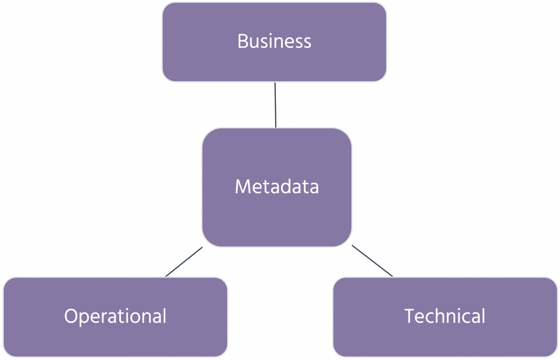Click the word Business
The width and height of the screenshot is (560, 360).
[x=274, y=42]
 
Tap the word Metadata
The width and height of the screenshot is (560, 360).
[x=276, y=187]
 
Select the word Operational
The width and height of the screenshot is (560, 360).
[x=115, y=317]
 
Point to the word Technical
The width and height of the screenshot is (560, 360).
[x=445, y=317]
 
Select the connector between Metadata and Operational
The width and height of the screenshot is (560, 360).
[x=184, y=262]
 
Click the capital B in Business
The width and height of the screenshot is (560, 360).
[x=243, y=42]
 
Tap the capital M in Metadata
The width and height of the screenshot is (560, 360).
[x=243, y=187]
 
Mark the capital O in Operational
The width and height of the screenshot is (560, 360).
[x=70, y=317]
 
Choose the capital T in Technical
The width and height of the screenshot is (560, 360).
[x=409, y=317]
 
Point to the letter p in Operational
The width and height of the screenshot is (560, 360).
[x=83, y=318]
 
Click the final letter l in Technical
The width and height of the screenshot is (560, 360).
[x=483, y=316]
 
